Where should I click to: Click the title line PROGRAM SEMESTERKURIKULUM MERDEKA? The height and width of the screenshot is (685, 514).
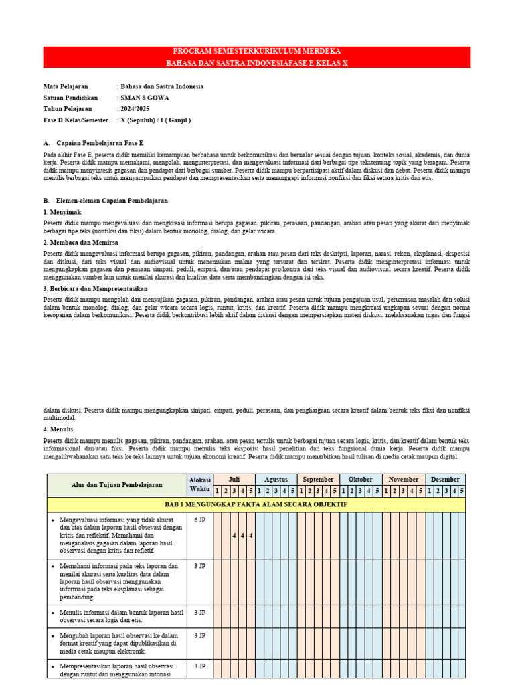(257, 52)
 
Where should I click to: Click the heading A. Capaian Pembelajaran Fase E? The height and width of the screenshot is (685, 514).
(93, 143)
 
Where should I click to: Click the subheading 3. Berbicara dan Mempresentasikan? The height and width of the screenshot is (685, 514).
(95, 288)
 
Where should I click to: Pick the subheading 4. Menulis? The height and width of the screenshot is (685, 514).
(58, 429)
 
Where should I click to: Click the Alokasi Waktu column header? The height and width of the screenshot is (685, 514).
(200, 484)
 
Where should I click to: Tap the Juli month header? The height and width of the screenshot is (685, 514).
(234, 480)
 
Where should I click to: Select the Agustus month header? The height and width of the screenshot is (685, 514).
(276, 480)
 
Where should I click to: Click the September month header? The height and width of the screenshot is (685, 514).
(319, 480)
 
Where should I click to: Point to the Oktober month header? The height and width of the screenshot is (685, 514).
(361, 480)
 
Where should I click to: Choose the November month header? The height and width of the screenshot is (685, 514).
(403, 480)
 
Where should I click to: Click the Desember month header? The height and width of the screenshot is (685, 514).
(445, 480)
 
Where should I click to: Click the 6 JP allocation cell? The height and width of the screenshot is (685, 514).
(200, 520)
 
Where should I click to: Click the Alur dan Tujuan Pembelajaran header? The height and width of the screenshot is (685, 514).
(117, 485)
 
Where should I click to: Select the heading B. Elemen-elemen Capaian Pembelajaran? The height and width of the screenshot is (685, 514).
(105, 201)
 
